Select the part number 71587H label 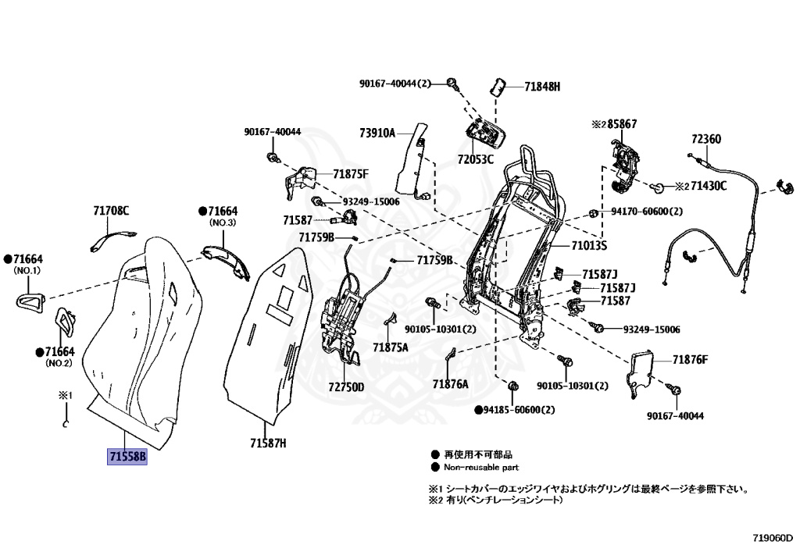click(x=268, y=443)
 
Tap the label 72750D click(x=345, y=386)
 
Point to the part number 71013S click(x=588, y=246)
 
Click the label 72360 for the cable click(x=705, y=140)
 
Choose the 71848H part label click(x=542, y=87)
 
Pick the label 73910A click(x=377, y=133)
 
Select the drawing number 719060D click(x=773, y=537)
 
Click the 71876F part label click(x=690, y=359)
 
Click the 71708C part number click(x=111, y=211)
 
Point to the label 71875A click(x=390, y=347)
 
